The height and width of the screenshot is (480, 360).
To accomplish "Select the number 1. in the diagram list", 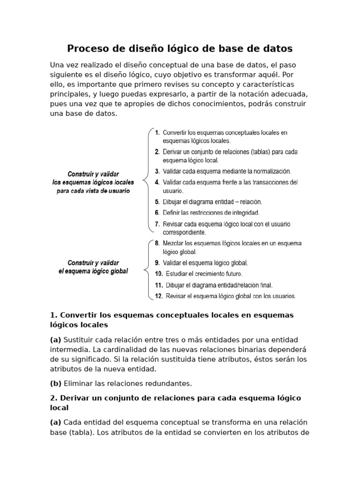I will [157, 133].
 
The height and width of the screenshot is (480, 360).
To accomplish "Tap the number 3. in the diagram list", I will [157, 172].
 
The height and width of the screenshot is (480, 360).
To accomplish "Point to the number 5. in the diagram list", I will [157, 202].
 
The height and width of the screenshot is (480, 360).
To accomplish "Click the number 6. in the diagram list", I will [157, 213].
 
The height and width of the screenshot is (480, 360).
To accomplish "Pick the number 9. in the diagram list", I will [157, 263].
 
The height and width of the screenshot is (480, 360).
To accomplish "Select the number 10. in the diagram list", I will [158, 274].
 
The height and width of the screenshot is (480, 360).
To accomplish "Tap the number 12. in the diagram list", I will [158, 296].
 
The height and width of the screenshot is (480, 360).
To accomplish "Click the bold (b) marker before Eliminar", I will [56, 383].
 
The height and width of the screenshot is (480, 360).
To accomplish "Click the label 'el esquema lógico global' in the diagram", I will [93, 271].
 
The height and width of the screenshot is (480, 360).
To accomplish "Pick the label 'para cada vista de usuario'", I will [93, 191].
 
